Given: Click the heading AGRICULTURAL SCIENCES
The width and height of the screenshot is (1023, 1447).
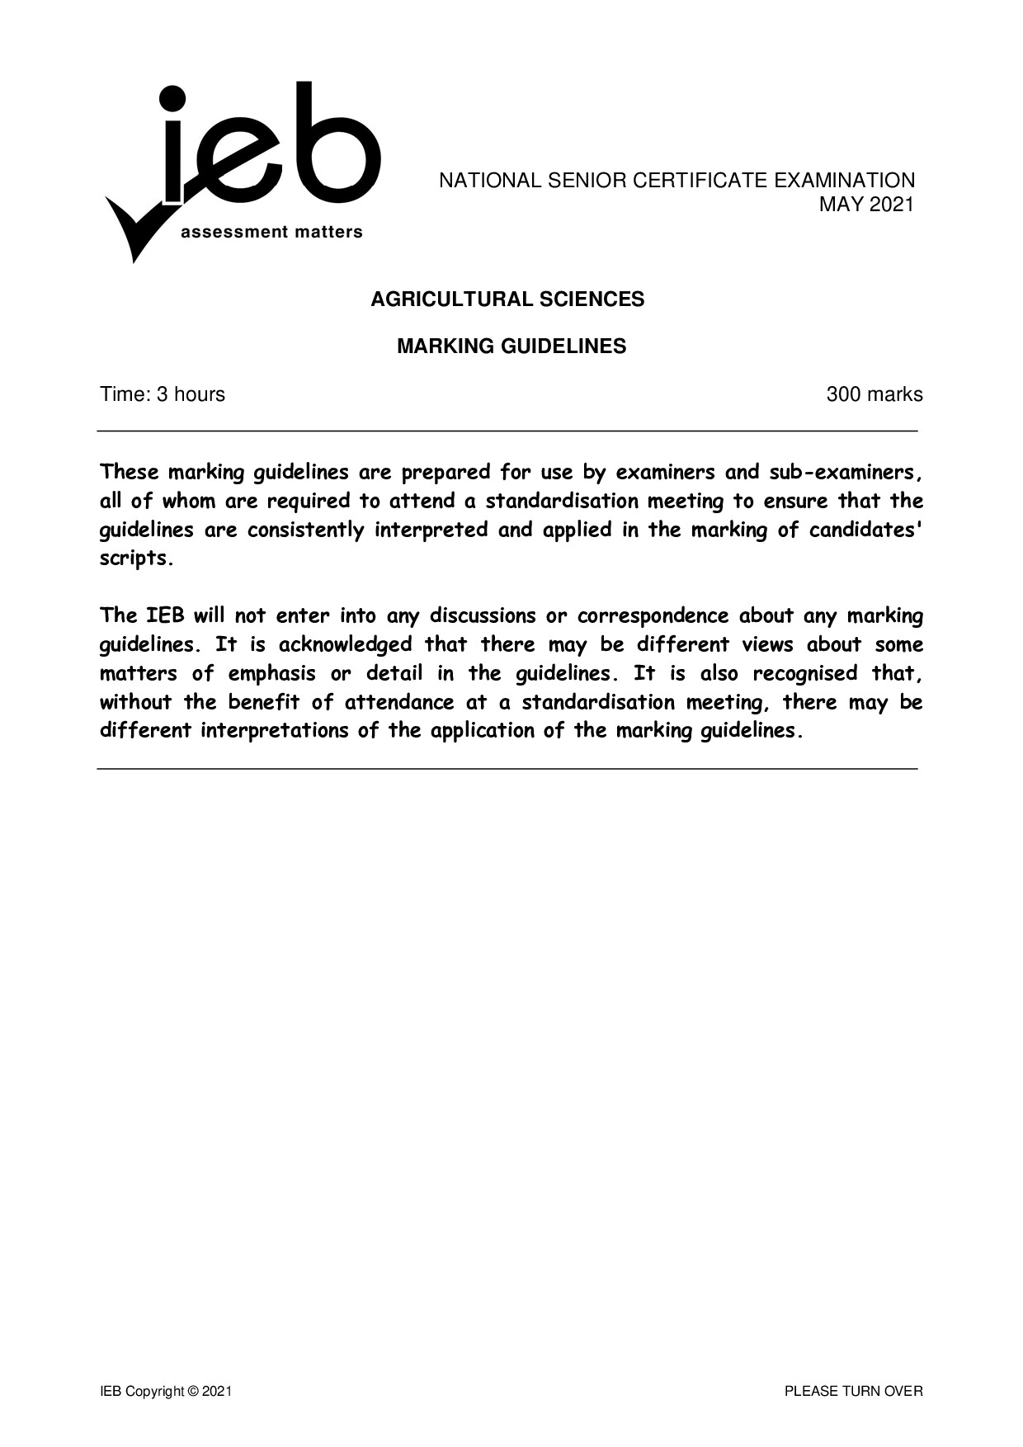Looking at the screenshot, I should pos(507,299).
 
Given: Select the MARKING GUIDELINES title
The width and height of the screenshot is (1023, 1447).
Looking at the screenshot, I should pos(511,346).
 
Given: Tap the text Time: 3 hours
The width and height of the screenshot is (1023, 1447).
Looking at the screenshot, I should pos(163,394).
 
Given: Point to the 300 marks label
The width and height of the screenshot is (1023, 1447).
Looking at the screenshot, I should pos(874,394).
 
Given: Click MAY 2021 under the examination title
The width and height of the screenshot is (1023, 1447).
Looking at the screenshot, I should pos(866,204).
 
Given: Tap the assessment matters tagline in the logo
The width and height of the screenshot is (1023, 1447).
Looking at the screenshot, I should pos(271,233).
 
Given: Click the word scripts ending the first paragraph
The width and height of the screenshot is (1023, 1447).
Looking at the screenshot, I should pos(136,559).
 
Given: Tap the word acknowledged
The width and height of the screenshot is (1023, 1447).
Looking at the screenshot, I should pos(345,644).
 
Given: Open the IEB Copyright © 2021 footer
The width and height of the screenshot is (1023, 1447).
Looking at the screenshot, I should pos(166,1392).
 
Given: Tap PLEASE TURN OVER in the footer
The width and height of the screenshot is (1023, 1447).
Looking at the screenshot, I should pos(853,1392).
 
